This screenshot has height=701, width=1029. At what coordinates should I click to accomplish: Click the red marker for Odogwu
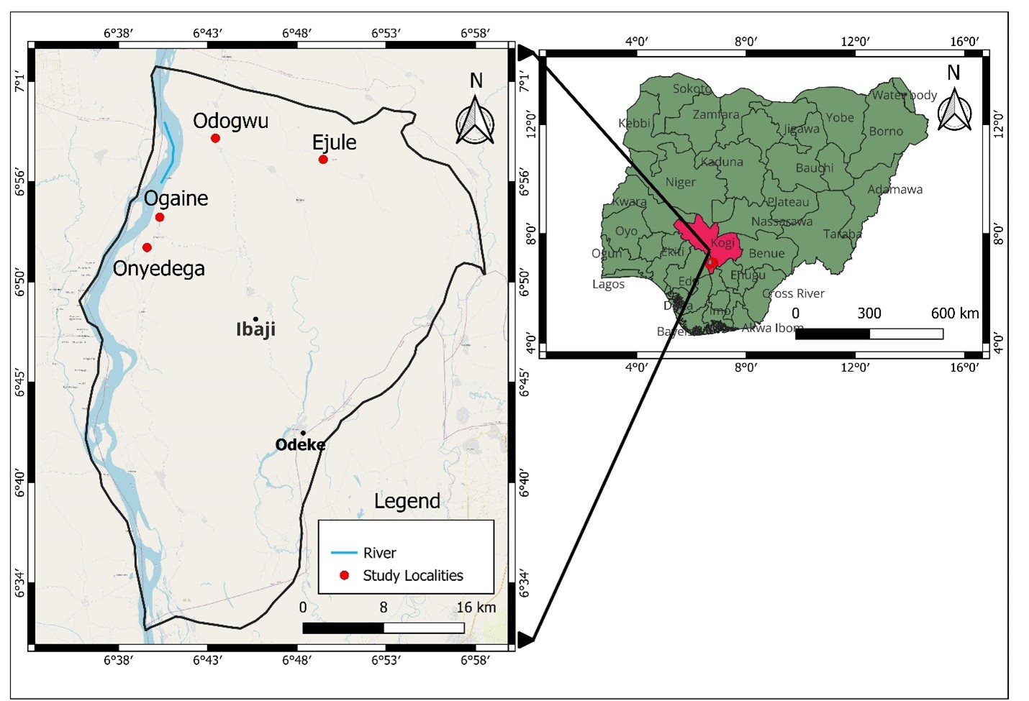pyautogui.click(x=215, y=138)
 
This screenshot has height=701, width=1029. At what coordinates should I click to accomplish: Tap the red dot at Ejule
pyautogui.click(x=323, y=159)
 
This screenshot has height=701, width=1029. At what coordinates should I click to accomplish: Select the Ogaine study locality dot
pyautogui.click(x=160, y=217)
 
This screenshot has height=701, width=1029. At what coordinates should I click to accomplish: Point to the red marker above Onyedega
pyautogui.click(x=147, y=247)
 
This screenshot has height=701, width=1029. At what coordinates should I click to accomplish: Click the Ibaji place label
pyautogui.click(x=255, y=329)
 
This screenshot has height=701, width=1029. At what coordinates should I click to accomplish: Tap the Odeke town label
pyautogui.click(x=300, y=444)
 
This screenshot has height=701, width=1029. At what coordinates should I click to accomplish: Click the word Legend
pyautogui.click(x=407, y=500)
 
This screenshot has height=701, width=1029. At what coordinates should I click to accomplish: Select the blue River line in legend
pyautogui.click(x=344, y=553)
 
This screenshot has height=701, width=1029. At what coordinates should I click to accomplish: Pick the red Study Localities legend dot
pyautogui.click(x=344, y=575)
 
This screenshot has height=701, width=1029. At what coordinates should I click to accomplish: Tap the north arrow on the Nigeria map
pyautogui.click(x=954, y=108)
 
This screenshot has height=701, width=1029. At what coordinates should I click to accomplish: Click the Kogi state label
pyautogui.click(x=722, y=242)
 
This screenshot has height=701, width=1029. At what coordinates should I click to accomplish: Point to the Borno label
pyautogui.click(x=886, y=131)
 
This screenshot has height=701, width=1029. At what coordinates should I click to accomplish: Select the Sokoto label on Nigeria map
pyautogui.click(x=692, y=88)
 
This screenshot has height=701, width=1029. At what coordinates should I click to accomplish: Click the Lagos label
pyautogui.click(x=608, y=284)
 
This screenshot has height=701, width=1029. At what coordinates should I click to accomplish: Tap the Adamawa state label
pyautogui.click(x=894, y=189)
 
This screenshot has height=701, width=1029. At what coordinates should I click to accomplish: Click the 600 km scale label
pyautogui.click(x=955, y=313)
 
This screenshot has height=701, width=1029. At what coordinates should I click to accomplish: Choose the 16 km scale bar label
pyautogui.click(x=476, y=608)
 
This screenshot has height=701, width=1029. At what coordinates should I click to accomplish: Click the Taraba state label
pyautogui.click(x=842, y=234)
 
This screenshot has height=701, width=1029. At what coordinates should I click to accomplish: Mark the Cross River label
pyautogui.click(x=793, y=293)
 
